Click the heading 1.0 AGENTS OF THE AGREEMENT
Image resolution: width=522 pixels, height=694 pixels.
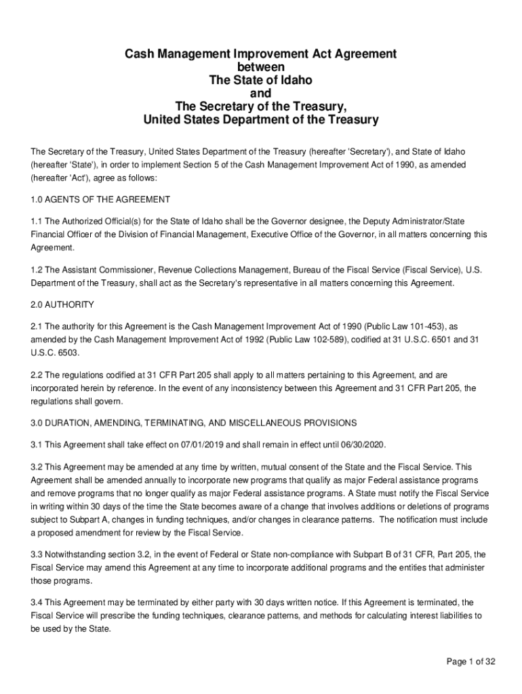tap(100, 200)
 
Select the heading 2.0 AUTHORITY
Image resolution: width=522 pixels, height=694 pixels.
tap(62, 304)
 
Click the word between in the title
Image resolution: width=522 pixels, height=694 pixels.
tap(260, 67)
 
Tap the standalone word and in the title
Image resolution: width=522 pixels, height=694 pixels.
tap(260, 94)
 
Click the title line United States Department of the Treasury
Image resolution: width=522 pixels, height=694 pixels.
tap(260, 120)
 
